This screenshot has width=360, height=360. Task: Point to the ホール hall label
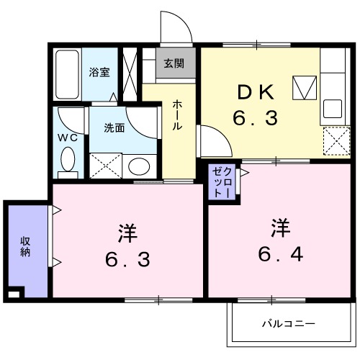click(176, 115)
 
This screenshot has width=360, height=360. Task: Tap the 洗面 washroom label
click(114, 128)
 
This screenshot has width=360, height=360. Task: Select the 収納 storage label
click(25, 247)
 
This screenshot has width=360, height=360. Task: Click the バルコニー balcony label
click(288, 324)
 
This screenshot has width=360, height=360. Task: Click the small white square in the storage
click(14, 294)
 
